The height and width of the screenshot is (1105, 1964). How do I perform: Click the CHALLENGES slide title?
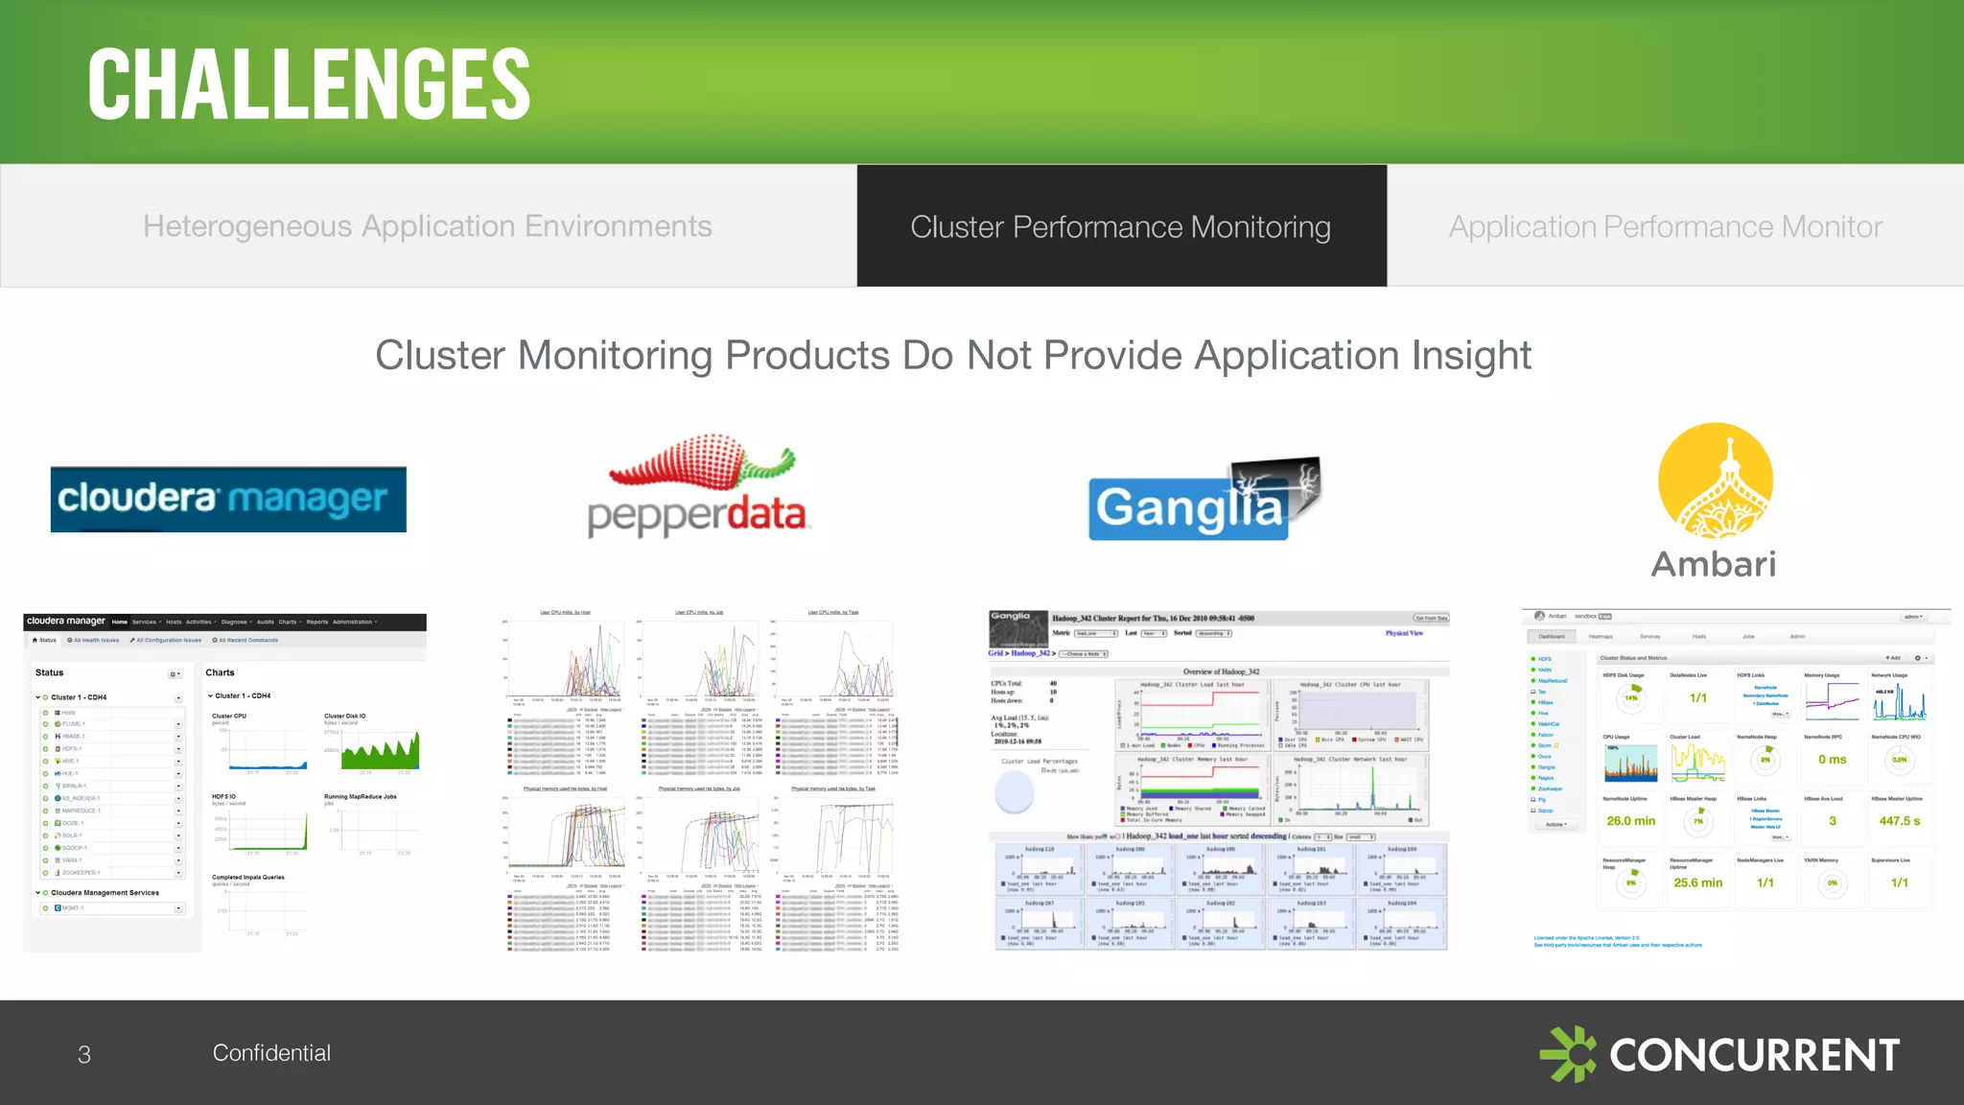tap(309, 84)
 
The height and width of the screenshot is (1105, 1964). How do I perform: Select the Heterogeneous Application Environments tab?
tap(428, 226)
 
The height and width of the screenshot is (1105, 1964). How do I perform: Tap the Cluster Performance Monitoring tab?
tap(1121, 226)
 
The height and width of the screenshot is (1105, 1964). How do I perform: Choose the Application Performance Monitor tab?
tap(1666, 226)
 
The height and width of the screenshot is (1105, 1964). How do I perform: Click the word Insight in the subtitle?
tap(1472, 356)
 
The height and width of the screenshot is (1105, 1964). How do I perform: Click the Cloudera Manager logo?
tap(228, 500)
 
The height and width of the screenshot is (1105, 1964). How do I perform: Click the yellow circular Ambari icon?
tap(1716, 481)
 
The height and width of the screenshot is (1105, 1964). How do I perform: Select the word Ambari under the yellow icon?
tap(1714, 564)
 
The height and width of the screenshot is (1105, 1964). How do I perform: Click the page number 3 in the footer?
tap(84, 1055)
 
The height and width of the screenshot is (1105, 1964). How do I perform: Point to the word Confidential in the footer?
tap(271, 1053)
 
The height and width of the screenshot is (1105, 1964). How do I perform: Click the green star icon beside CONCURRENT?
tap(1568, 1054)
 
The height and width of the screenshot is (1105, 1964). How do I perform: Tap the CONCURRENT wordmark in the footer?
tap(1754, 1055)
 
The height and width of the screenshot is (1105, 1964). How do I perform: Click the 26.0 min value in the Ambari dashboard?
tap(1631, 821)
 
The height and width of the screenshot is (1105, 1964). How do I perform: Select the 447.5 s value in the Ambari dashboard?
tap(1899, 821)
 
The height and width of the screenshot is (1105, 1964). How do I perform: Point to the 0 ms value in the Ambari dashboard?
tap(1832, 760)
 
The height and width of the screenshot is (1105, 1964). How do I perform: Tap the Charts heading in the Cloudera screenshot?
tap(220, 672)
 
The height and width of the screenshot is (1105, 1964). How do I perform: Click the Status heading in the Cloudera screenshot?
tap(50, 672)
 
